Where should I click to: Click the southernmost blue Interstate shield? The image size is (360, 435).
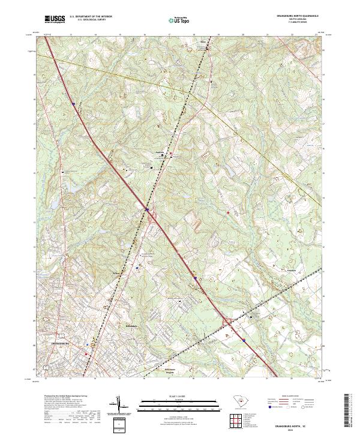point(245,340)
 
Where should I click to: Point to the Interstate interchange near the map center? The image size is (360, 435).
point(149,212)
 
